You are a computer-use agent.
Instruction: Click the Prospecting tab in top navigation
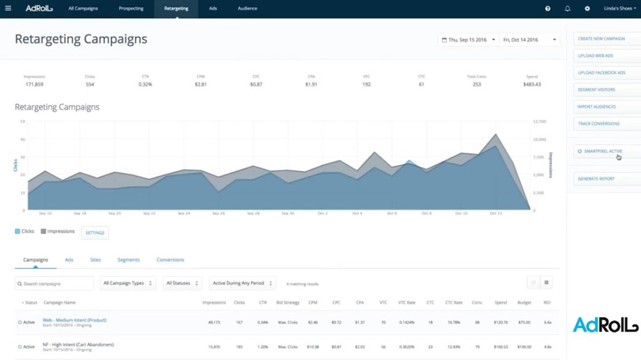pos(131,9)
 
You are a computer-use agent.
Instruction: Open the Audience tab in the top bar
pos(247,9)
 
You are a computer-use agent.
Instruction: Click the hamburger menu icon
pos(8,9)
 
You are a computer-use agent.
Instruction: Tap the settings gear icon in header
pos(587,9)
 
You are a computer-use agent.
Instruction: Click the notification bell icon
pos(567,9)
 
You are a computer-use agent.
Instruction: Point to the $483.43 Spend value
pos(533,85)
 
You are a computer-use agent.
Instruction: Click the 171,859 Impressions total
pos(34,85)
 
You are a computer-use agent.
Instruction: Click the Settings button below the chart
pos(95,233)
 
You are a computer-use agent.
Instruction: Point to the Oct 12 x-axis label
pos(496,213)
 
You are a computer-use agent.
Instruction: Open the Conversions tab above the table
pos(170,260)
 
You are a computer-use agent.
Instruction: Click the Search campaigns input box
pos(54,284)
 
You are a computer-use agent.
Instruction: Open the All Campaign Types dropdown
pos(128,284)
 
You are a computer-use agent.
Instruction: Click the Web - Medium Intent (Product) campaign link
pos(74,321)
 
